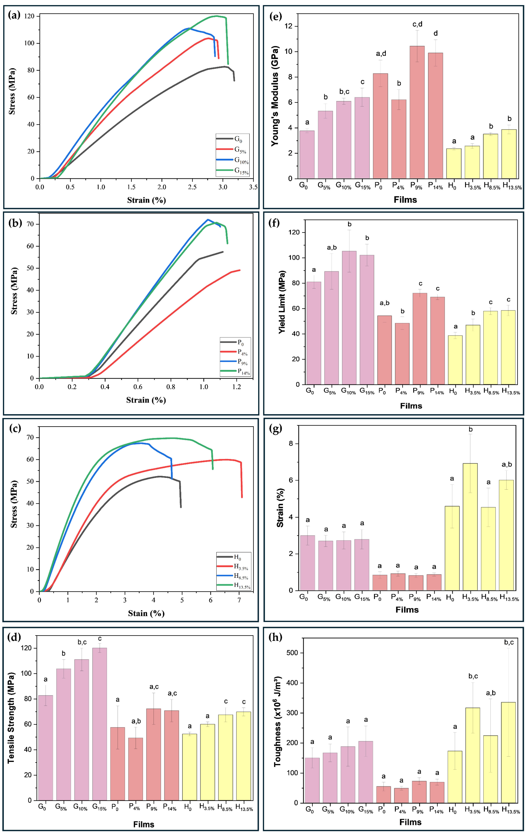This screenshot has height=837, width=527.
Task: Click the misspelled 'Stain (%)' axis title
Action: (146, 613)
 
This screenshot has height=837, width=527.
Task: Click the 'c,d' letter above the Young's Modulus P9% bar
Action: (417, 24)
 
